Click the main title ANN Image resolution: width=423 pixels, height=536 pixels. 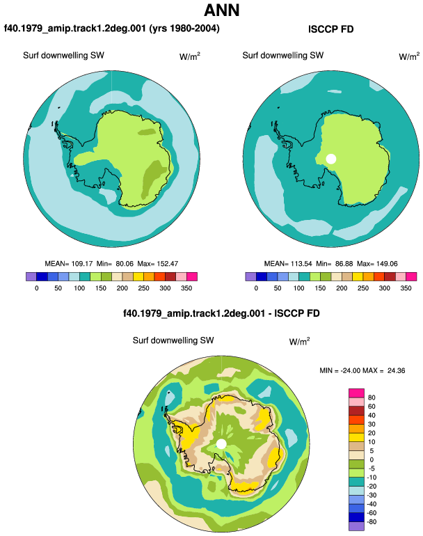click(221, 10)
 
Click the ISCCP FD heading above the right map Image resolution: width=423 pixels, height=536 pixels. click(330, 29)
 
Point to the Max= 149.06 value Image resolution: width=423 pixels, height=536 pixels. click(377, 264)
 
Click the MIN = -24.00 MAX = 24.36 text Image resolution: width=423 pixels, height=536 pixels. click(362, 370)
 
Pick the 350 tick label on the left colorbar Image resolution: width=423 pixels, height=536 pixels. click(186, 288)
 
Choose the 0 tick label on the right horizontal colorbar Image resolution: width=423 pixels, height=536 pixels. click(256, 288)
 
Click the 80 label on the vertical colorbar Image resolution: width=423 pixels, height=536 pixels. click(372, 397)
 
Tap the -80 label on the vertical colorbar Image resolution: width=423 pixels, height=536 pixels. click(371, 522)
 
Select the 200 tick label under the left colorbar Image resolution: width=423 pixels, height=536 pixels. click(122, 288)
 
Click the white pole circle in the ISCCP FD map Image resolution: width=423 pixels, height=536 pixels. click(330, 159)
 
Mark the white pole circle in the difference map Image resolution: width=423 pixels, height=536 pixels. click(221, 444)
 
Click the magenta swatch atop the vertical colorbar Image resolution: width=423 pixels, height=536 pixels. click(356, 393)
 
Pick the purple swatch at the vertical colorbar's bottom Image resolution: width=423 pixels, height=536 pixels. click(356, 526)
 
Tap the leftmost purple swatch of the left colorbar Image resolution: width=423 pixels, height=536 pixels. click(31, 276)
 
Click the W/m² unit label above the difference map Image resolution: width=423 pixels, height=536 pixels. click(299, 341)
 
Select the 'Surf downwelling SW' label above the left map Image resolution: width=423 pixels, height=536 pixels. click(63, 56)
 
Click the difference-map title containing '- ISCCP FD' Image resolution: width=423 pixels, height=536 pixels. click(221, 313)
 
